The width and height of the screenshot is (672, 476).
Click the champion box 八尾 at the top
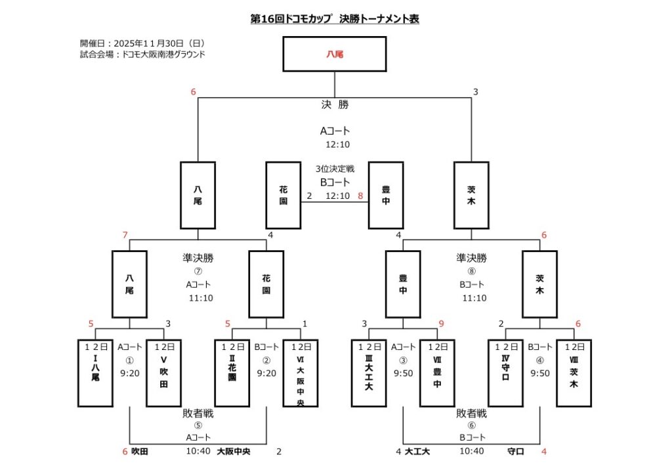(335, 54)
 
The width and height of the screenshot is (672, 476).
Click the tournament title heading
(335, 19)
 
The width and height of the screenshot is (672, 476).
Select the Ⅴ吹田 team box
(163, 373)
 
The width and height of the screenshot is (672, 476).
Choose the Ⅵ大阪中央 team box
(300, 373)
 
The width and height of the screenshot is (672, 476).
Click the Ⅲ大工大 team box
(368, 373)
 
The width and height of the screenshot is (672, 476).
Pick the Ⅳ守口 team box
(505, 373)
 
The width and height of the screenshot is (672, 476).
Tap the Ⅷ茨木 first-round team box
(573, 373)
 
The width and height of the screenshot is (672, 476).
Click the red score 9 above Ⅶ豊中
(442, 323)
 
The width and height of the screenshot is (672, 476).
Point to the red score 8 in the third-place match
(360, 196)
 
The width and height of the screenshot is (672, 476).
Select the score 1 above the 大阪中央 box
(304, 323)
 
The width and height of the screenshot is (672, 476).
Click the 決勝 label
(335, 105)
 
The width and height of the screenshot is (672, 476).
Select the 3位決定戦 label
(335, 169)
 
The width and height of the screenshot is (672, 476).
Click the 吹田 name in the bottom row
(140, 452)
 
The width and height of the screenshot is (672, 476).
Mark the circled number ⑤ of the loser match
(198, 425)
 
